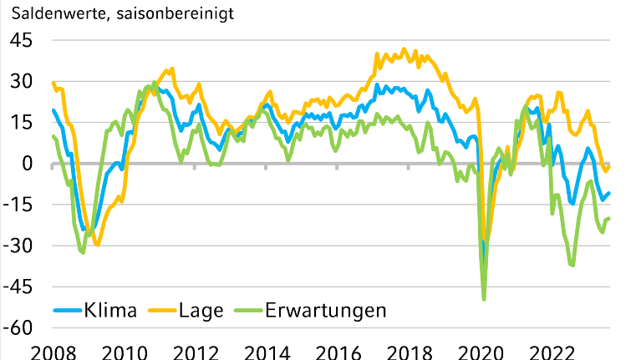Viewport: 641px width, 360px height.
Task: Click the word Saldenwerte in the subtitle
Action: (48, 13)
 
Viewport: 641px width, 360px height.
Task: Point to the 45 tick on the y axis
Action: (22, 40)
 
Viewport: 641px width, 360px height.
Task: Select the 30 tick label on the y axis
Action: (22, 81)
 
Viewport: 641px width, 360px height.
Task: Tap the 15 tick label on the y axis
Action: (22, 122)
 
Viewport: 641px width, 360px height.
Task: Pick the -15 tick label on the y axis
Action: (18, 204)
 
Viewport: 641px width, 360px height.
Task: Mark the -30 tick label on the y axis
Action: (18, 245)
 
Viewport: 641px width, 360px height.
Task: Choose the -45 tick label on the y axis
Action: (18, 286)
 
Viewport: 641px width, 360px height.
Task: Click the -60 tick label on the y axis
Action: (18, 327)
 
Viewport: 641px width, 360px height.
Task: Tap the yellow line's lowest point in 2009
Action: (98, 245)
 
